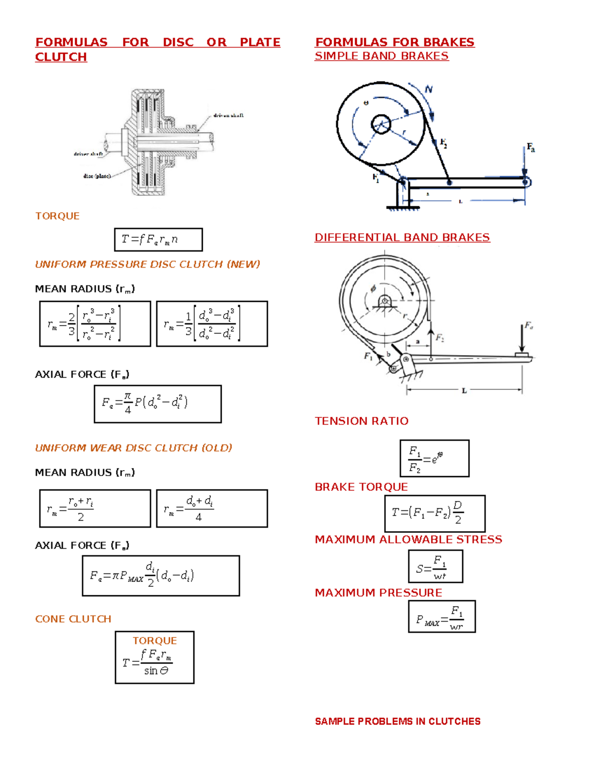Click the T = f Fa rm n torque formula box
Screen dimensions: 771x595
pyautogui.click(x=158, y=240)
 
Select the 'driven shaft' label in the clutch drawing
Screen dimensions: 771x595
pyautogui.click(x=228, y=116)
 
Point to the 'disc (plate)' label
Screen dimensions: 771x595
pyautogui.click(x=97, y=176)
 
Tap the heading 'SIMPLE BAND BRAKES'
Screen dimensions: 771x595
pyautogui.click(x=381, y=56)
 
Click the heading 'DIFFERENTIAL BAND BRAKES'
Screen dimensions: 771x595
pyautogui.click(x=402, y=237)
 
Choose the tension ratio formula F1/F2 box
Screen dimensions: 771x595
pyautogui.click(x=434, y=458)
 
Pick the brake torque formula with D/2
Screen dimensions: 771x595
pyautogui.click(x=435, y=513)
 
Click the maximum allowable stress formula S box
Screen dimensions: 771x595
pyautogui.click(x=435, y=566)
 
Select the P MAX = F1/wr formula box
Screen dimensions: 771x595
pyautogui.click(x=442, y=616)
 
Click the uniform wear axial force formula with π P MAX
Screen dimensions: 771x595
pyautogui.click(x=161, y=575)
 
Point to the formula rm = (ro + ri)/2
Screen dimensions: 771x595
pyautogui.click(x=95, y=508)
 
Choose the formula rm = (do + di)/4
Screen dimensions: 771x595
pyautogui.click(x=212, y=508)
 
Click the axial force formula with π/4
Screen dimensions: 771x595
pyautogui.click(x=158, y=404)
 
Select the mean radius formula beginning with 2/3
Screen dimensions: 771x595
pyautogui.click(x=95, y=324)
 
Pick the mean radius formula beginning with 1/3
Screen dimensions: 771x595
pyautogui.click(x=212, y=324)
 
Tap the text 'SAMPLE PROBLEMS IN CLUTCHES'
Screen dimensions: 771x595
pyautogui.click(x=398, y=721)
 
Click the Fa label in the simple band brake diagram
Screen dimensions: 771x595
pyautogui.click(x=531, y=147)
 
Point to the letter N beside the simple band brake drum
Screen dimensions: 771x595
pyautogui.click(x=428, y=89)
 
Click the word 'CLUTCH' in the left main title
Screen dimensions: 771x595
pyautogui.click(x=61, y=57)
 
